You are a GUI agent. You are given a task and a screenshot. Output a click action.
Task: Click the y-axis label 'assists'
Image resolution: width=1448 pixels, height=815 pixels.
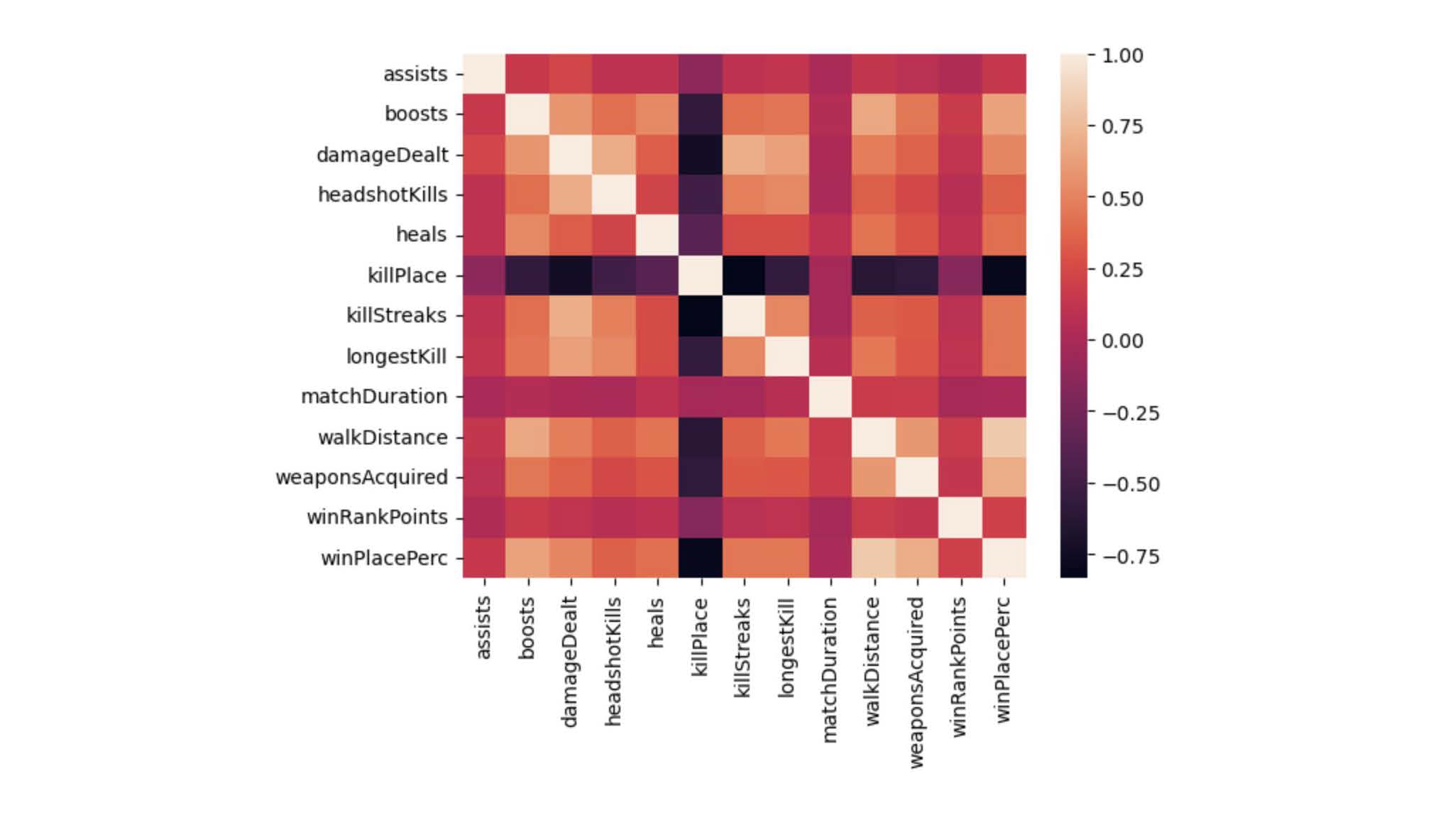[x=415, y=74]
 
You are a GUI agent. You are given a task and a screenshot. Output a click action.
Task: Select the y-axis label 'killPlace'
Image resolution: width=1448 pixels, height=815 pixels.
[x=407, y=275]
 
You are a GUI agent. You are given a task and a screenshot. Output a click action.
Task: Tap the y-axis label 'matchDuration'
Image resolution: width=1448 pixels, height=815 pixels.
[x=374, y=396]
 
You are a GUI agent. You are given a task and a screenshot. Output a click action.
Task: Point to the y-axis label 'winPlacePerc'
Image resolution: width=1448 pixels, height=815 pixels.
[x=384, y=558]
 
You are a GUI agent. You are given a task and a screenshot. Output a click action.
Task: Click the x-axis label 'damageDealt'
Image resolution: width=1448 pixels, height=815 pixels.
[x=570, y=662]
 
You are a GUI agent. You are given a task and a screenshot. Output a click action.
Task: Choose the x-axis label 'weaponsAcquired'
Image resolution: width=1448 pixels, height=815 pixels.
[x=916, y=682]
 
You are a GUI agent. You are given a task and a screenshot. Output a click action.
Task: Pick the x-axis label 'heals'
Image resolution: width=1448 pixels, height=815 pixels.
[x=657, y=623]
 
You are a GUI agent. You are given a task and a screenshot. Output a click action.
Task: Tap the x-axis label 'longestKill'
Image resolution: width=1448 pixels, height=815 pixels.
[x=786, y=647]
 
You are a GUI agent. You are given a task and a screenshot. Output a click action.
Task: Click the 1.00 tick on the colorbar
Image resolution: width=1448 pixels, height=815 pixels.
[x=1122, y=55]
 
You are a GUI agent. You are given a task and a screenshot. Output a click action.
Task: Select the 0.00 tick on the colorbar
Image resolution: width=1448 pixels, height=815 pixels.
[x=1122, y=341]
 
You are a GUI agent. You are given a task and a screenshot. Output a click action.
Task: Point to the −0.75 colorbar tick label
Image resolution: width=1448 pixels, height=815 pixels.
[x=1131, y=556]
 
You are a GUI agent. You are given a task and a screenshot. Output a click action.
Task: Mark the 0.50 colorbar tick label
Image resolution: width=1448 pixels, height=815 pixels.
[x=1122, y=199]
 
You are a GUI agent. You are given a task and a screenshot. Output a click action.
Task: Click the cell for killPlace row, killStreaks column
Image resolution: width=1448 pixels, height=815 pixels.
[x=744, y=275]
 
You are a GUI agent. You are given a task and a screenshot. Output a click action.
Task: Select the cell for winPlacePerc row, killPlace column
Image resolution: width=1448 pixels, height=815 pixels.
[x=701, y=558]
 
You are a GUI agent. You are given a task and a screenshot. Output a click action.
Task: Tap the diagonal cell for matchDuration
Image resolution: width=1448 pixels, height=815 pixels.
[x=830, y=396]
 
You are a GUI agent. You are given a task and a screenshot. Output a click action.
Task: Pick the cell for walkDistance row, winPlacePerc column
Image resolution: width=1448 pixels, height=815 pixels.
[x=1004, y=437]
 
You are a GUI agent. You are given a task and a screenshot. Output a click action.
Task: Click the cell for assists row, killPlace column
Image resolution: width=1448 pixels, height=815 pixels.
[x=701, y=74]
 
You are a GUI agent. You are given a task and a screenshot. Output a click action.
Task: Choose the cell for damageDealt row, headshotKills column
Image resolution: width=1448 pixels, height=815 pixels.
[x=614, y=155]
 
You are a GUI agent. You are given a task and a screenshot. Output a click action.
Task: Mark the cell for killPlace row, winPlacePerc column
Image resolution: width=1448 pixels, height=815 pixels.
[x=1004, y=275]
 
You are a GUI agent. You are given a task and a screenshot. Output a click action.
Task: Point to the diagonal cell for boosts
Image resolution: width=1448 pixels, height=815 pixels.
[x=527, y=114]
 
